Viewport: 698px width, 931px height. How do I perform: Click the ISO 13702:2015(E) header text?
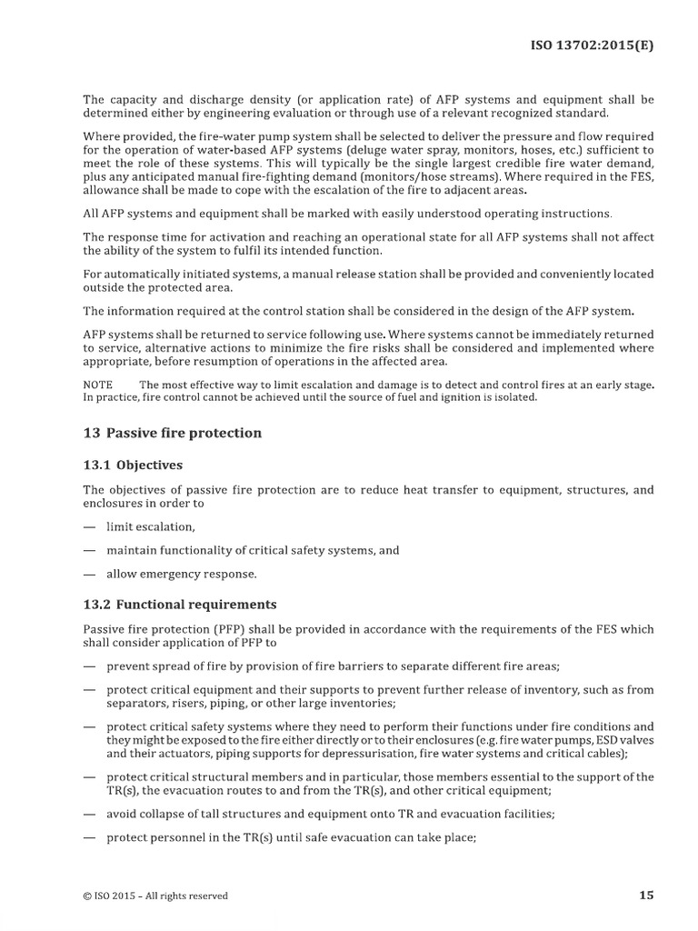(x=592, y=43)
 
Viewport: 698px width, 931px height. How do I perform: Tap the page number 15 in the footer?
(x=645, y=896)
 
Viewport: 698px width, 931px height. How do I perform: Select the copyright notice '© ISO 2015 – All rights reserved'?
(x=155, y=896)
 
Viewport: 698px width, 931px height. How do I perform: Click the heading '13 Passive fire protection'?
(x=172, y=433)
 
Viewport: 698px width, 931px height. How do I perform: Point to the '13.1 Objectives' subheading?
(x=133, y=465)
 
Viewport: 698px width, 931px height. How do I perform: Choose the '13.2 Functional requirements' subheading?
(x=180, y=604)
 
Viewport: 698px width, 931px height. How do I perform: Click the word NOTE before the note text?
(x=98, y=385)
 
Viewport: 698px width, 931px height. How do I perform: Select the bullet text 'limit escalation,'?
(x=150, y=526)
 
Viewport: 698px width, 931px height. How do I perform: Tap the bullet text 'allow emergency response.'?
(x=181, y=574)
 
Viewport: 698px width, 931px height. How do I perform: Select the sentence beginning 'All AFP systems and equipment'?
(x=347, y=214)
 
